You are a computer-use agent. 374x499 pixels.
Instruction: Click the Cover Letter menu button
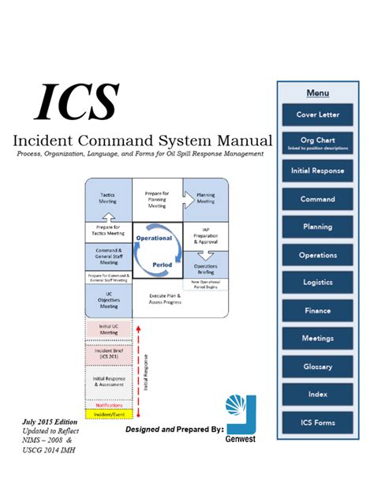(317, 114)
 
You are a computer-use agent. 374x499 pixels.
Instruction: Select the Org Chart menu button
(317, 142)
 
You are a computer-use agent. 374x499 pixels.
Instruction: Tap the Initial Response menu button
(317, 171)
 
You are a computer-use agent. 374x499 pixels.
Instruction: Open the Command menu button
(317, 199)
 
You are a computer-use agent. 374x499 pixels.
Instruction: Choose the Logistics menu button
(317, 283)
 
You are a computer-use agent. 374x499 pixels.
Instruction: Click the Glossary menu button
(317, 366)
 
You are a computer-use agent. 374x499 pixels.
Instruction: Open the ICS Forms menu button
(317, 422)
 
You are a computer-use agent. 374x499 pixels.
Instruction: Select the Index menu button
(317, 394)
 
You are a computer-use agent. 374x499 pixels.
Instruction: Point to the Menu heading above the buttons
(317, 93)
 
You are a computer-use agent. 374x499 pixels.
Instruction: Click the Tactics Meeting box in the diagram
(107, 197)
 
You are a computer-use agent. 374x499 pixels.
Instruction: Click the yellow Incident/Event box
(107, 415)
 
